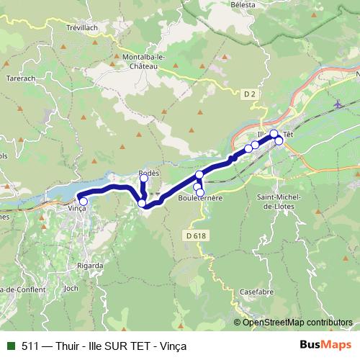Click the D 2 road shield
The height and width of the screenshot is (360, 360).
pos(250,94)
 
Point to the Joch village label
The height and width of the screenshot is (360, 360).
pos(71,288)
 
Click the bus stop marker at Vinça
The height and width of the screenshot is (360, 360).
pos(84,202)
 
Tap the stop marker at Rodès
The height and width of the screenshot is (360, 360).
pos(143,179)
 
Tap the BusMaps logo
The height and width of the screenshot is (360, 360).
pos(325,345)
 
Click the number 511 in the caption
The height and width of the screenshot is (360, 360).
pos(30,346)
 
